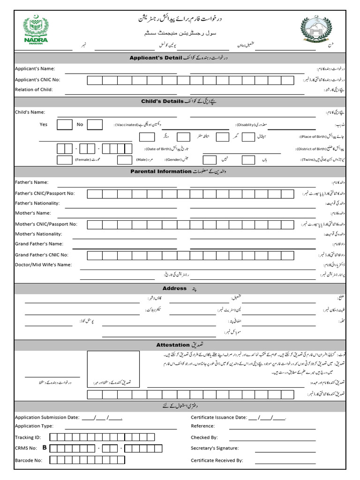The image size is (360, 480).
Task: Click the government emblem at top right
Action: point(319,29)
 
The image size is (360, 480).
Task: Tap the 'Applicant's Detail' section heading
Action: point(155,58)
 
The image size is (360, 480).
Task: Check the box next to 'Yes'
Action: point(65,125)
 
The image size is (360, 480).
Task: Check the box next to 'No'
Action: point(95,125)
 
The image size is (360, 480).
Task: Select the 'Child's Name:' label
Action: point(30,112)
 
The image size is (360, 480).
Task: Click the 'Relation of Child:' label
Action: point(34,90)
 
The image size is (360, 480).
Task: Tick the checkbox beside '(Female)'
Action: point(65,160)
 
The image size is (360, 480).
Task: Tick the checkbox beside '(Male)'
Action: point(124,160)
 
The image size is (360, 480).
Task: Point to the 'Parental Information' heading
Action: point(161,172)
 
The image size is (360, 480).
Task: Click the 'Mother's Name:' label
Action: point(33,213)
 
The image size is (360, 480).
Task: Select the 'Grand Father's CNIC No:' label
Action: point(42,255)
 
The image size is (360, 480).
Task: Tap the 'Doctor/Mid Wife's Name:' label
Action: point(43,265)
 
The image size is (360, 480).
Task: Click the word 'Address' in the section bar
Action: point(174,288)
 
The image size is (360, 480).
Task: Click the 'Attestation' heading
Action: point(172,345)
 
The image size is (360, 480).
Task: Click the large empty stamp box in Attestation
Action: point(113,369)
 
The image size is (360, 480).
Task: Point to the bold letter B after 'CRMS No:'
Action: point(45,448)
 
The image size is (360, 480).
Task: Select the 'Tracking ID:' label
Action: point(28,437)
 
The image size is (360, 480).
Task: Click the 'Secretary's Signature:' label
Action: point(215,449)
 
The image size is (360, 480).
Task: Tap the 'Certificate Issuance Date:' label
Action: point(218,417)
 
